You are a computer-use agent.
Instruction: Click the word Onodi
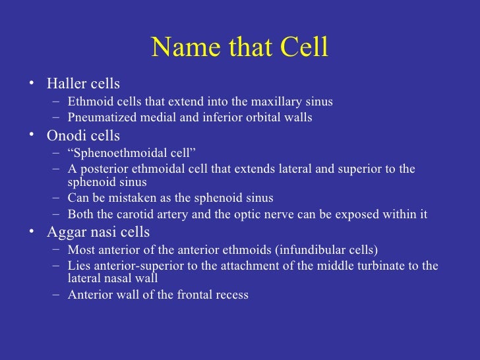pos(65,136)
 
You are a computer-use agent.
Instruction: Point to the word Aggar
pos(66,232)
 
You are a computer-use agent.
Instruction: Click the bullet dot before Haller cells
pos(31,84)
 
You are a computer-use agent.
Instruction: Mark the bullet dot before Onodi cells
pos(31,136)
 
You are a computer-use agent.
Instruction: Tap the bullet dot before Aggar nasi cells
pos(31,232)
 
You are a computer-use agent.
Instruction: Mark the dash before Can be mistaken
pos(57,198)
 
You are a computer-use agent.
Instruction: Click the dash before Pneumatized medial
pos(57,118)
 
